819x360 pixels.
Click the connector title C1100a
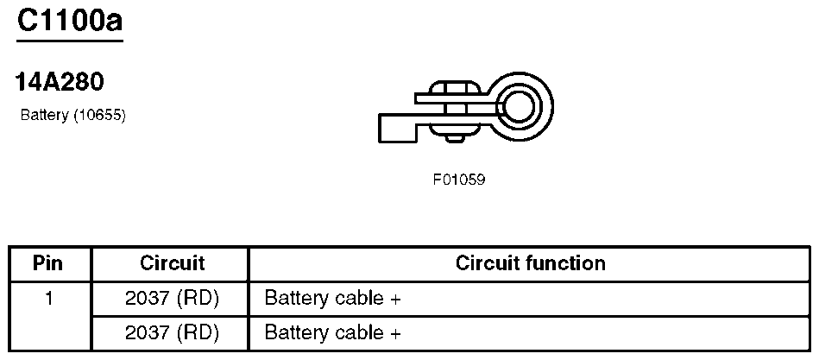pos(70,21)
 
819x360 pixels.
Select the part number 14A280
pos(60,82)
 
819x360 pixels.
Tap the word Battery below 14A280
pos(44,116)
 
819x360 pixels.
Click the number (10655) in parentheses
pos(100,116)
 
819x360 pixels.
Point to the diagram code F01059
pos(458,180)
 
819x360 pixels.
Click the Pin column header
pos(47,262)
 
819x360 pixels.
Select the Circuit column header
pos(172,262)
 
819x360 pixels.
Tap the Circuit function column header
pos(530,262)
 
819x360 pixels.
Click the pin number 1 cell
pos(49,299)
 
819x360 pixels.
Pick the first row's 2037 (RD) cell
pos(172,299)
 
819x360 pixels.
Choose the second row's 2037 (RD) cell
pos(172,333)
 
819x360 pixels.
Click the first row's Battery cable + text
pos(333,299)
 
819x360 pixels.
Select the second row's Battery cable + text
pos(333,333)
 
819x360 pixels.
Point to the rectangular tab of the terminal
pos(398,128)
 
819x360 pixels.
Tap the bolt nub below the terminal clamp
pos(455,139)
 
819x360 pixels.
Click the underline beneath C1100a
pos(70,41)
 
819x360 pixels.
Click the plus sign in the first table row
pos(395,300)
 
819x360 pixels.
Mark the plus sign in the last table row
pos(395,334)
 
